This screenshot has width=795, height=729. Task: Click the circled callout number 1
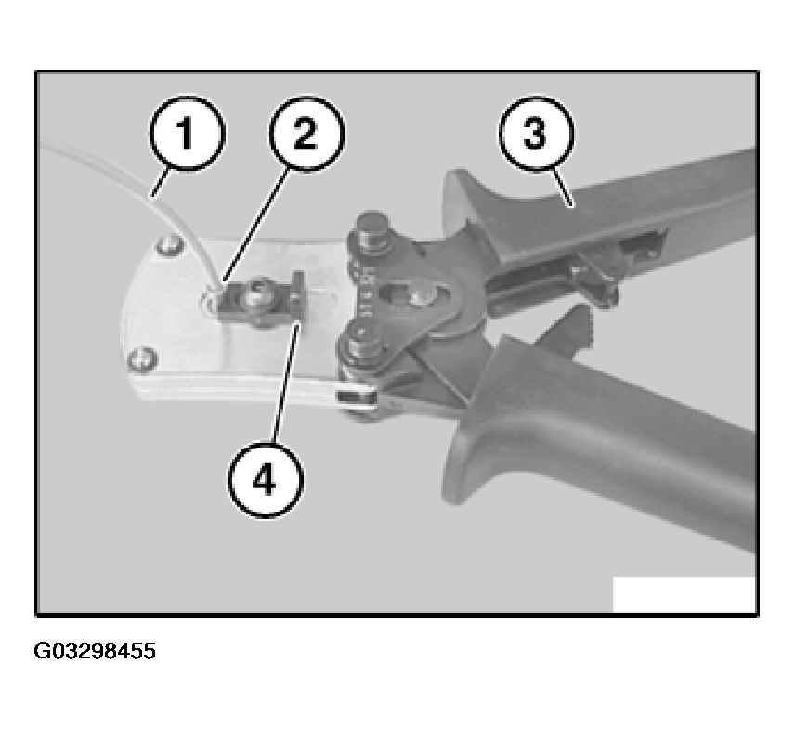click(186, 133)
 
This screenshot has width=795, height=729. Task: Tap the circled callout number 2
click(306, 134)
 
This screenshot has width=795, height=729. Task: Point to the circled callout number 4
click(265, 479)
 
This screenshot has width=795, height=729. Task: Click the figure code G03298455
click(95, 651)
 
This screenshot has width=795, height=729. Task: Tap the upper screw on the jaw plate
click(169, 246)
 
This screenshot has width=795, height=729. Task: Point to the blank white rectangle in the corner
click(684, 594)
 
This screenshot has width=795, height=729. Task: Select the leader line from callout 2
click(257, 225)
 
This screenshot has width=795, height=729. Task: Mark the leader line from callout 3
click(562, 187)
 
